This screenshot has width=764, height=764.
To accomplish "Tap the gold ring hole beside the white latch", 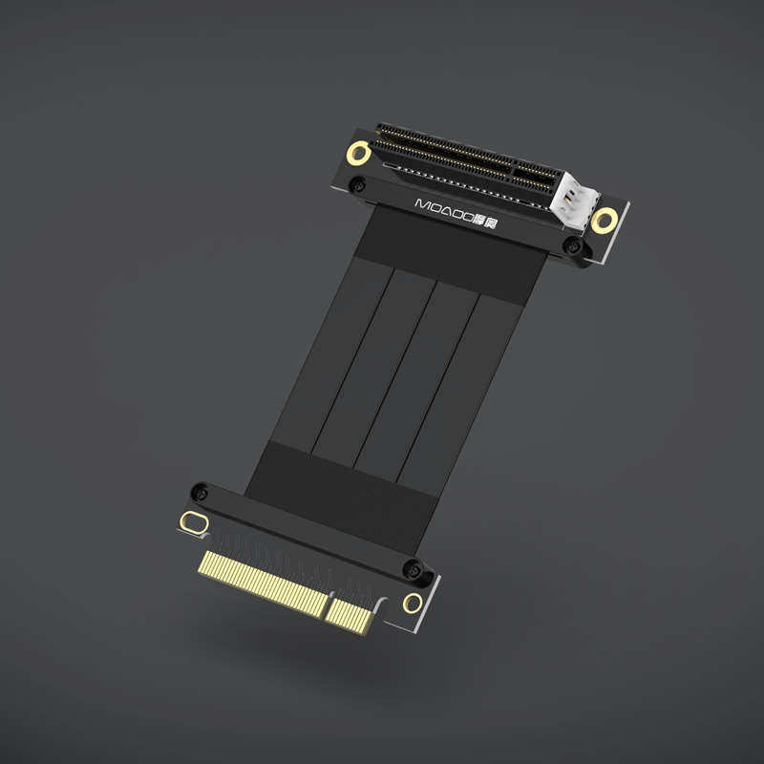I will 603,221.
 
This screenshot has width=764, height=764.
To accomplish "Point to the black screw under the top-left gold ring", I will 357,184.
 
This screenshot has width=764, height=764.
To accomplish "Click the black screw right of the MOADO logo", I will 573,247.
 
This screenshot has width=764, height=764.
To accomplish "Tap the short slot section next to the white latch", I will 535,175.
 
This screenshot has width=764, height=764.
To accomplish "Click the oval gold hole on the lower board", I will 193,523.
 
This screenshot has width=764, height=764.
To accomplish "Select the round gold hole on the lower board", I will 413,603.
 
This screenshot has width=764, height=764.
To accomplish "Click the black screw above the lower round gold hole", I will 415,570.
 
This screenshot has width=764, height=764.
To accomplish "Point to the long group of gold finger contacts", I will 262,582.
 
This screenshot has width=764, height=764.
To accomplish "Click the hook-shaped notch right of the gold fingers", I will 382,606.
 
